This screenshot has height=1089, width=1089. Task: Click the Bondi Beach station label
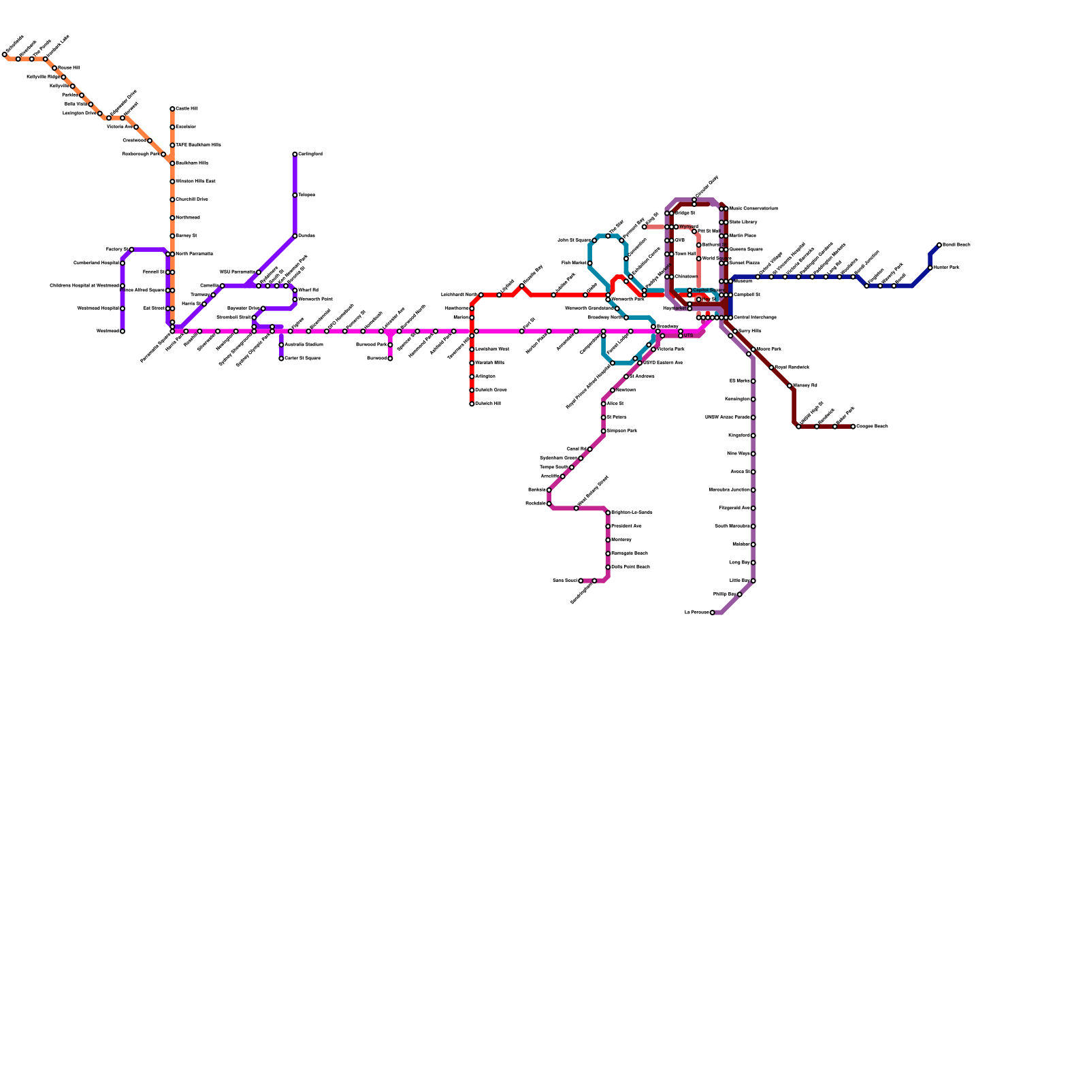(956, 244)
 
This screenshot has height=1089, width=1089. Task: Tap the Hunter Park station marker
(930, 267)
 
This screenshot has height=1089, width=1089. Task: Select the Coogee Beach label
(872, 426)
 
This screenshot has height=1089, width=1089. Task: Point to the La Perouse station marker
(713, 613)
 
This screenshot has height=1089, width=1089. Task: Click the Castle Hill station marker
(172, 109)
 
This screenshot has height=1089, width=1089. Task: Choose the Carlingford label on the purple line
(310, 154)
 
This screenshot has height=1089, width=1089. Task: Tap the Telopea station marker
(295, 195)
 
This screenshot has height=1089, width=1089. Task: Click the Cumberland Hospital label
(96, 263)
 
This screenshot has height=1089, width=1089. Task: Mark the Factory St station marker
(131, 250)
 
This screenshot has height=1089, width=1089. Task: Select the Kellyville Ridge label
(43, 77)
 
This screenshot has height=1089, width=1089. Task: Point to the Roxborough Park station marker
(163, 155)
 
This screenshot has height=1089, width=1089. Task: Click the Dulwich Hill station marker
(472, 404)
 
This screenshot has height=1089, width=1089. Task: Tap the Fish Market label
(574, 263)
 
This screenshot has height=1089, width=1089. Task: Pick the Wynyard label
(689, 227)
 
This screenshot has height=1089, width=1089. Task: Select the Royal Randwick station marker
(771, 368)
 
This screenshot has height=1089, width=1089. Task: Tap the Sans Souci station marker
(581, 581)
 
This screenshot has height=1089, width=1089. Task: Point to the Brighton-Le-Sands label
(632, 512)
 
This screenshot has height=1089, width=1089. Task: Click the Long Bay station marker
(753, 563)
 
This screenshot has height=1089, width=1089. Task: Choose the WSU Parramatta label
(238, 272)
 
